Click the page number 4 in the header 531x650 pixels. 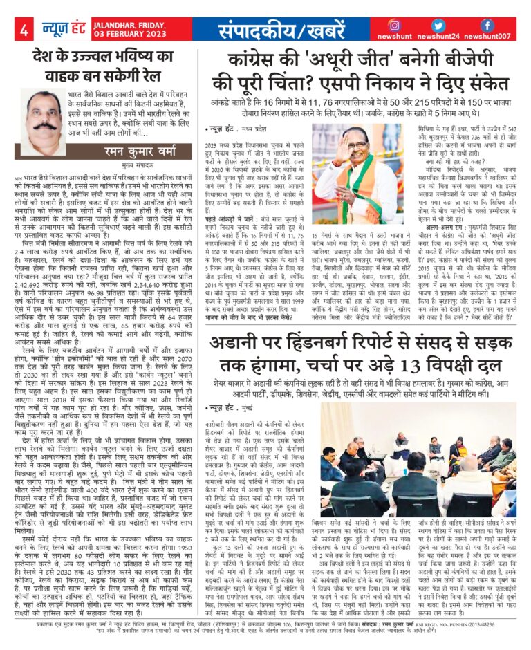24,28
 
